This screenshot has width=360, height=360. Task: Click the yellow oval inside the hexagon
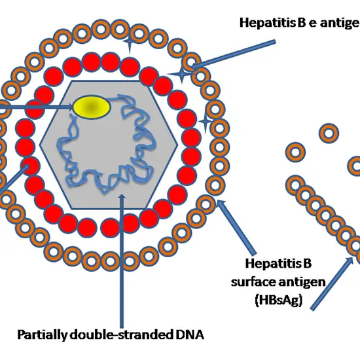point(90,108)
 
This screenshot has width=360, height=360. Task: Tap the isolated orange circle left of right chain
point(296,152)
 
